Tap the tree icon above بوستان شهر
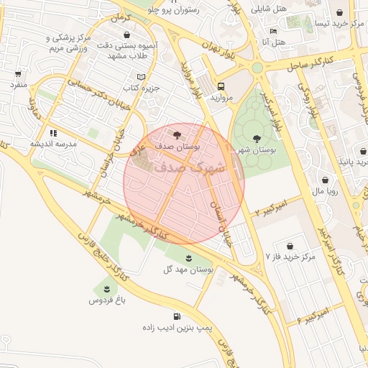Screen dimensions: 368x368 [x=257, y=138]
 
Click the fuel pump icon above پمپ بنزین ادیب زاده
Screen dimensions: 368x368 [x=176, y=316]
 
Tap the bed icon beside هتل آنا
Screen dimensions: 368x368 [x=272, y=32]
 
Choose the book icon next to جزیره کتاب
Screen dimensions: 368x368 [x=141, y=76]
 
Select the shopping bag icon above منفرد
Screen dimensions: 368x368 [x=18, y=73]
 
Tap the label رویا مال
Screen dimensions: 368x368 [x=337, y=192]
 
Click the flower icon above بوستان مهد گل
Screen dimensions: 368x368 [x=188, y=257]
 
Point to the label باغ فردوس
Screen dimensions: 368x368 [x=107, y=300]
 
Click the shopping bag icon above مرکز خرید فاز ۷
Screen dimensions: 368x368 [x=289, y=246]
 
